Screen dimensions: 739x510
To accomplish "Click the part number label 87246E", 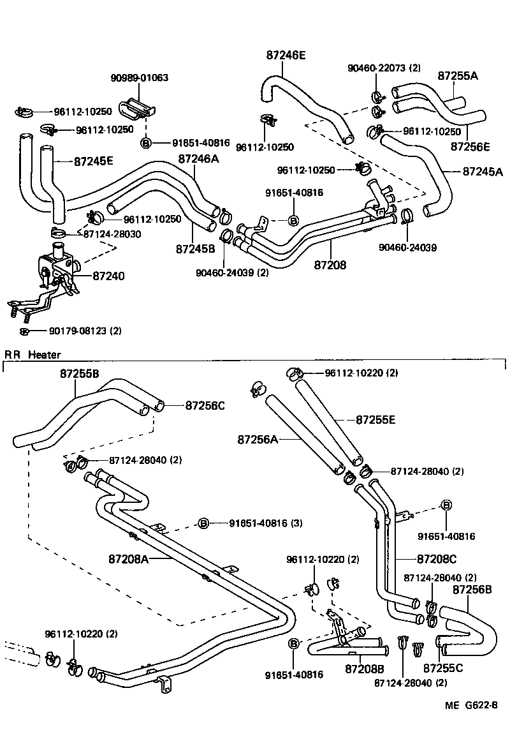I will click(286, 56).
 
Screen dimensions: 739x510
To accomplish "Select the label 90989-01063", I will click(139, 78).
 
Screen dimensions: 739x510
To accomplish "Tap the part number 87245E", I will click(93, 161).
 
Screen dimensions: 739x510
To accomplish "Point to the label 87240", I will click(108, 276).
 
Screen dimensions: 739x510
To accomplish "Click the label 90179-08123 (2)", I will click(85, 331).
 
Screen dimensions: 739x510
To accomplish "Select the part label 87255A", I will click(458, 75).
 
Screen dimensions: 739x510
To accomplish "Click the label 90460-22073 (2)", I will click(384, 68).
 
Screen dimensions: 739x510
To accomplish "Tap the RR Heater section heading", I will click(33, 354).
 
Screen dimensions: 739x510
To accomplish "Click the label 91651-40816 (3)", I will click(266, 523).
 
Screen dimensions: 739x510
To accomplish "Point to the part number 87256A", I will click(258, 439).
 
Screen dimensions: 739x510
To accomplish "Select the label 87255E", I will click(375, 419).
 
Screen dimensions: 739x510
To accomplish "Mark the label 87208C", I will click(437, 559).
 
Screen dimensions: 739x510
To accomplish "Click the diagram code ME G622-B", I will click(470, 706).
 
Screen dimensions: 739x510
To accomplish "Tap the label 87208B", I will click(365, 669).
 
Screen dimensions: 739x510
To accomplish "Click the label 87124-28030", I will click(112, 234).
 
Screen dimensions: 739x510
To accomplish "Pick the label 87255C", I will click(443, 669).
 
